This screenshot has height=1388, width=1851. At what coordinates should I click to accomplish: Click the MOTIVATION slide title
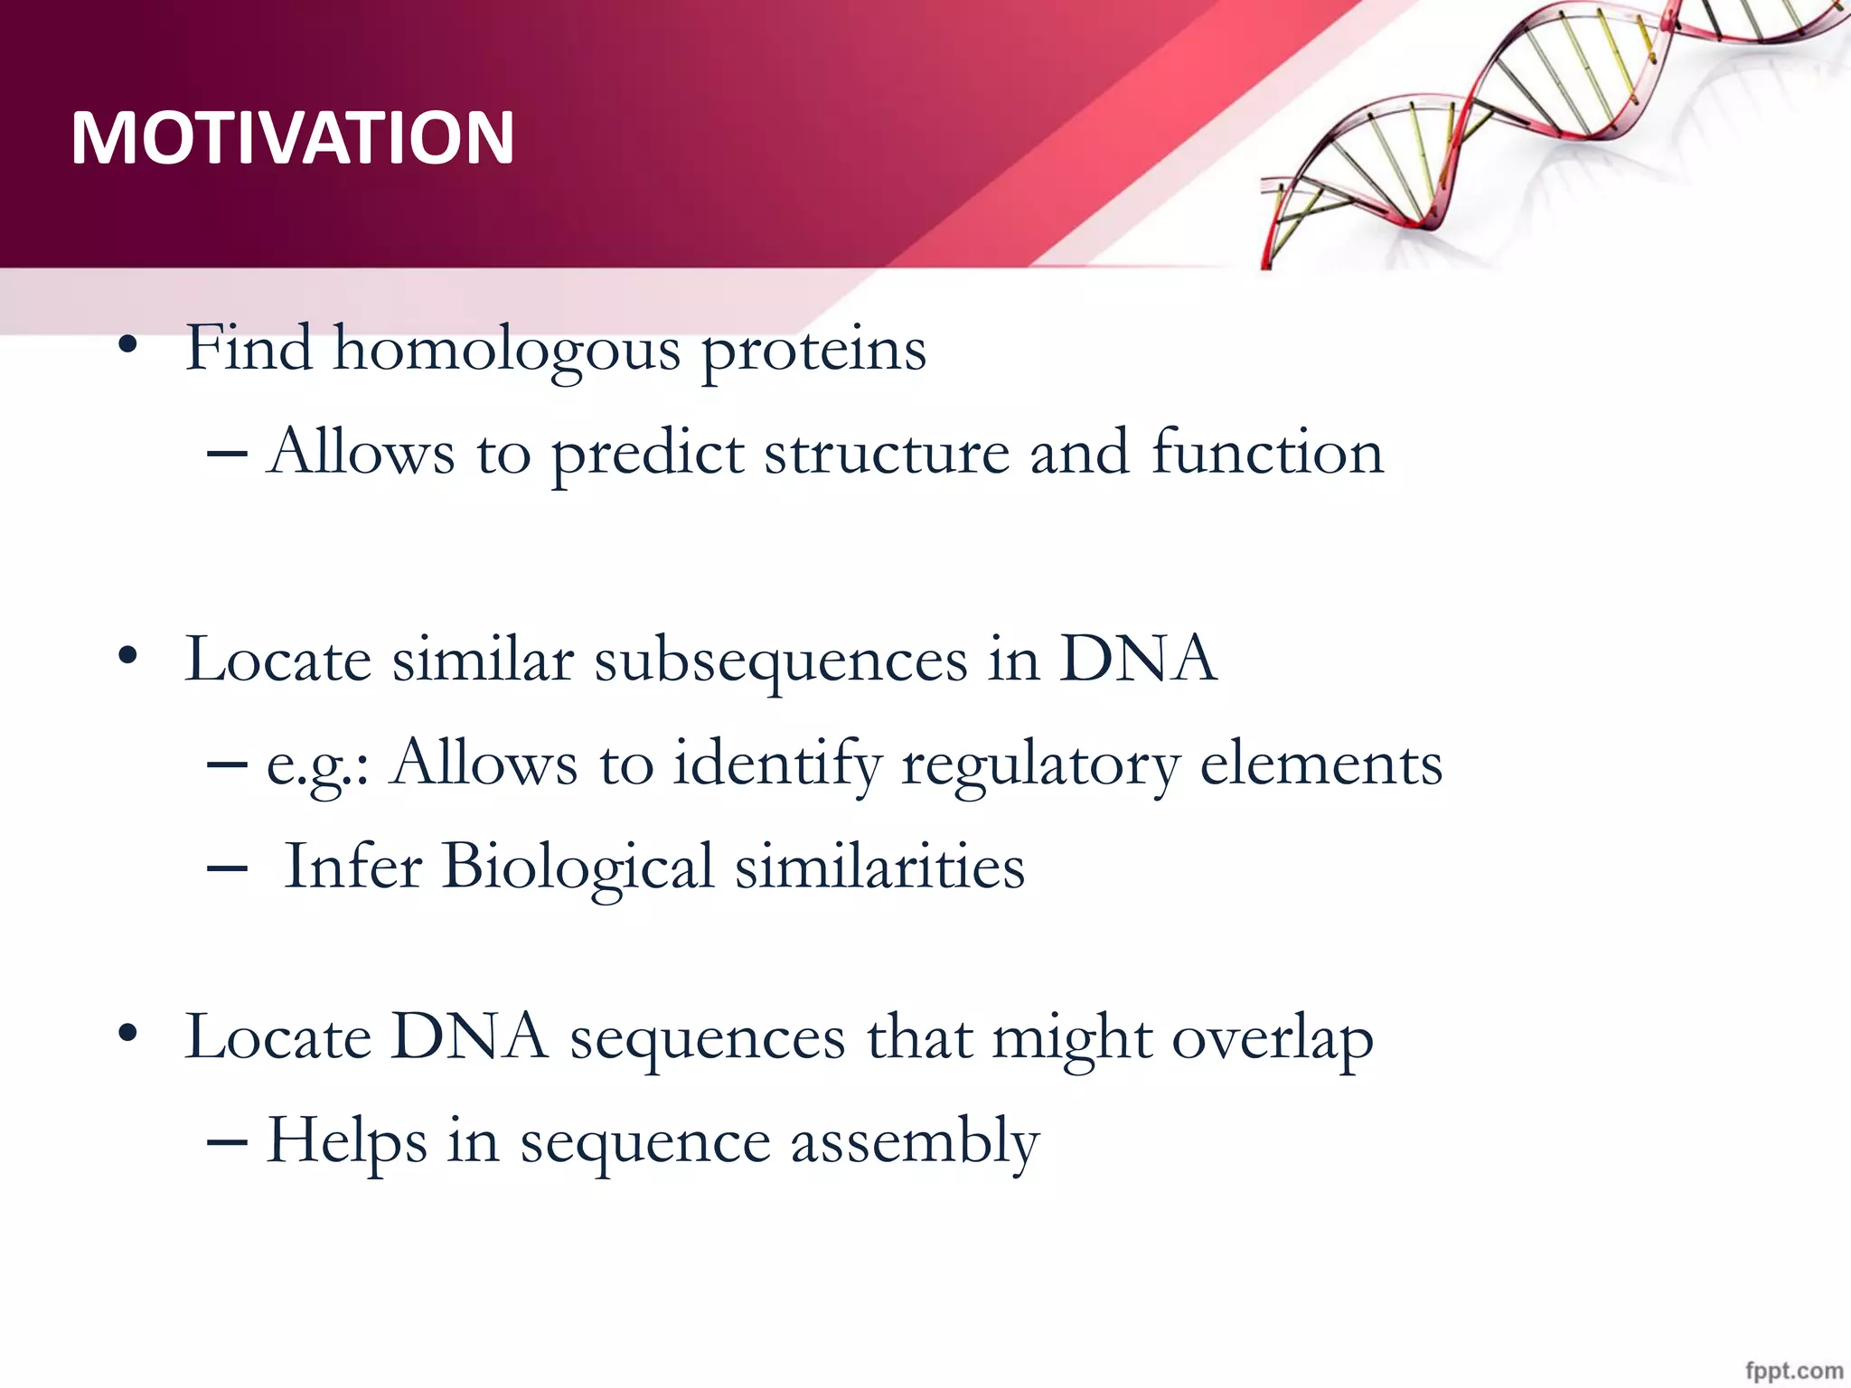pyautogui.click(x=293, y=137)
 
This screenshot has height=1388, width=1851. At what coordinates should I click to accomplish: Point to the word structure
pyautogui.click(x=887, y=455)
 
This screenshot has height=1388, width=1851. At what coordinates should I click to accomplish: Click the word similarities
pyautogui.click(x=879, y=867)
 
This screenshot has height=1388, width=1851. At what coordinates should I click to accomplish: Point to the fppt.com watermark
pyautogui.click(x=1794, y=1370)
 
